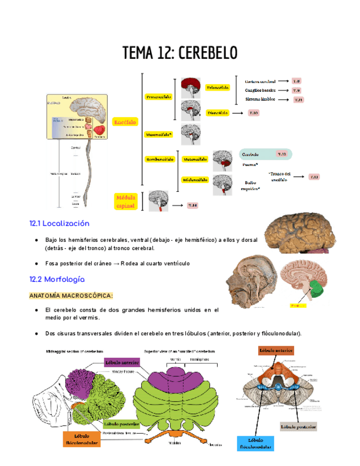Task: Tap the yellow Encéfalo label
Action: (x=125, y=122)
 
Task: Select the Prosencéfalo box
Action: (x=159, y=96)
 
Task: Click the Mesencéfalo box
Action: (x=159, y=134)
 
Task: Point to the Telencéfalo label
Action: (x=218, y=87)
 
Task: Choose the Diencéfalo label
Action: (x=218, y=113)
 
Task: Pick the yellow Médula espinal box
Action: (x=125, y=201)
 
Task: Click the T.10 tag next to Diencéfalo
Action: (x=253, y=113)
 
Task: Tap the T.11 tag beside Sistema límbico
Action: (x=298, y=99)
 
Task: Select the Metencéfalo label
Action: (x=195, y=159)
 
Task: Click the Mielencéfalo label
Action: (x=195, y=180)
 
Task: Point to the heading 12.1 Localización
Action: (x=59, y=224)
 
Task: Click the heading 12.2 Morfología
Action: (x=57, y=279)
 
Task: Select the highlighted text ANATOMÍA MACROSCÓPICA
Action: (x=71, y=296)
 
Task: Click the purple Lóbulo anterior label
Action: (x=123, y=362)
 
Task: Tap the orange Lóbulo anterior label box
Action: (x=276, y=350)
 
